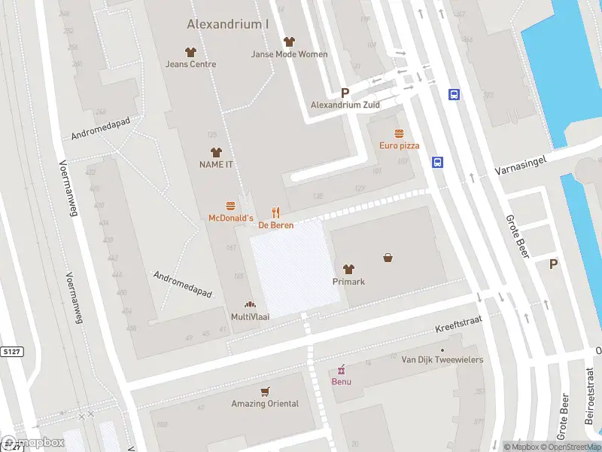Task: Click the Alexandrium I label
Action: click(x=228, y=24)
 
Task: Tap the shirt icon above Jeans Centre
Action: click(x=190, y=52)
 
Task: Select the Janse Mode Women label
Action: click(x=290, y=54)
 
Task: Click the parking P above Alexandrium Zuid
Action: click(x=345, y=93)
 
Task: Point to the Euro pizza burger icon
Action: click(x=399, y=133)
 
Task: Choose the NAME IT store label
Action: click(x=216, y=164)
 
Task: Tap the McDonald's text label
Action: click(x=230, y=218)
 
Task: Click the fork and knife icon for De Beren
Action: click(x=276, y=213)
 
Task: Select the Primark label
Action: click(x=348, y=282)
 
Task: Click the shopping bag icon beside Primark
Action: click(x=388, y=257)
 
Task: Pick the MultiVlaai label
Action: click(x=250, y=317)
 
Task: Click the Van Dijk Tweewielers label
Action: click(x=442, y=360)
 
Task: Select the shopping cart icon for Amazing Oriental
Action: click(x=264, y=392)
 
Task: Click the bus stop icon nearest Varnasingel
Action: click(x=437, y=162)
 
